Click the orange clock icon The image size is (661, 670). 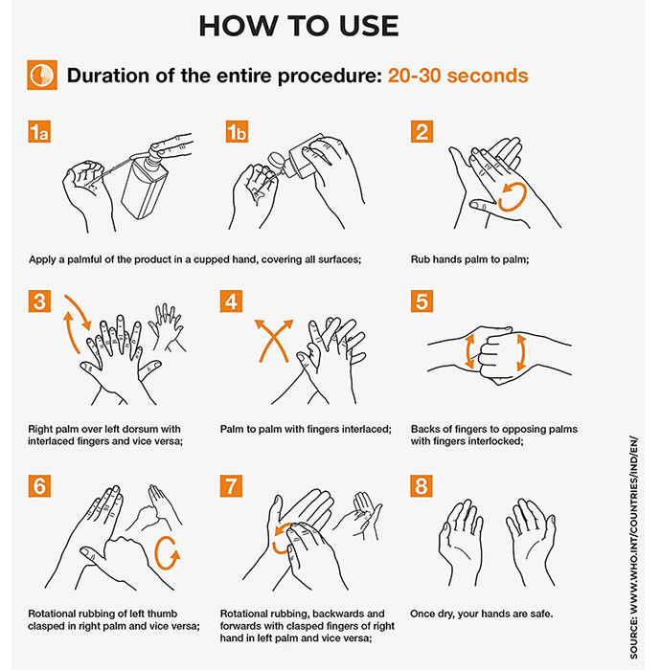click(x=42, y=76)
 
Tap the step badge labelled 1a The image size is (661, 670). click(x=39, y=132)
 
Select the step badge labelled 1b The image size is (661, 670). click(x=237, y=132)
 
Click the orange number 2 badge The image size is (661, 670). click(x=422, y=132)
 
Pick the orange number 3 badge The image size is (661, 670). click(x=39, y=301)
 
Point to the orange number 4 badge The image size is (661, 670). click(x=231, y=301)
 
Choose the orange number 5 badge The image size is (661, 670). click(x=422, y=301)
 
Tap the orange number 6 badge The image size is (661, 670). click(x=39, y=486)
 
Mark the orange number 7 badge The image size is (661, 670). click(x=231, y=486)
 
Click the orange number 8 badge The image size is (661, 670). click(x=422, y=486)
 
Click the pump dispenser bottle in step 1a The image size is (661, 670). click(x=144, y=183)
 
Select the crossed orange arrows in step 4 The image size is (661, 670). click(x=274, y=338)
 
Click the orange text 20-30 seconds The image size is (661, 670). click(x=458, y=76)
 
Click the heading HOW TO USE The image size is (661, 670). click(x=299, y=26)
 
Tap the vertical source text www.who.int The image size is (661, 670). click(x=633, y=547)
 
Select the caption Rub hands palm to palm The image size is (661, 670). click(x=469, y=259)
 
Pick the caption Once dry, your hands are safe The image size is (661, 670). click(x=482, y=614)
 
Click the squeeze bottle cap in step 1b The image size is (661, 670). click(x=276, y=162)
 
